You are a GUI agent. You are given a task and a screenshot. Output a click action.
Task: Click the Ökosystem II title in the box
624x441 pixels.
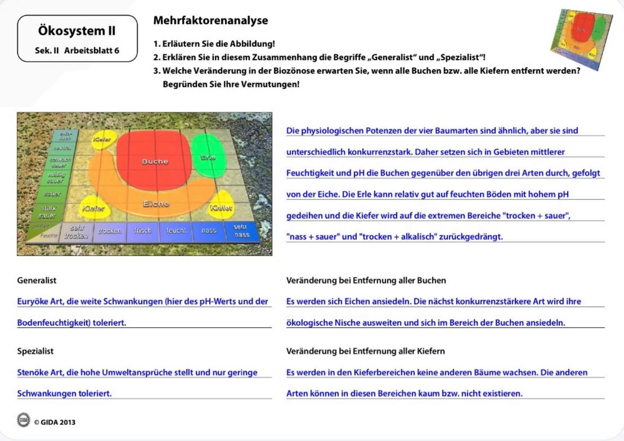[x=77, y=31]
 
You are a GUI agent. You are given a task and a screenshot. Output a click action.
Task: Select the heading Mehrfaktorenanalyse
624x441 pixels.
[x=210, y=20]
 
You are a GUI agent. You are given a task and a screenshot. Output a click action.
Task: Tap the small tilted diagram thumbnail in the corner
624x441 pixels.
[x=581, y=39]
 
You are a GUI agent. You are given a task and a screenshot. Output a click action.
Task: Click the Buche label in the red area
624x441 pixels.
[x=155, y=161]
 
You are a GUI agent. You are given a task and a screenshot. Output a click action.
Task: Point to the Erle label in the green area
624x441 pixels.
[x=208, y=157]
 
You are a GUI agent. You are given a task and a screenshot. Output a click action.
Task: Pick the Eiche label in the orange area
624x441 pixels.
[x=156, y=203]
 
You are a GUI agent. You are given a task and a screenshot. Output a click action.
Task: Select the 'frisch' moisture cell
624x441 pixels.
[x=142, y=231]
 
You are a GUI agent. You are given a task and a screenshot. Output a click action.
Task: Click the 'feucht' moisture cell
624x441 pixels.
[x=176, y=231]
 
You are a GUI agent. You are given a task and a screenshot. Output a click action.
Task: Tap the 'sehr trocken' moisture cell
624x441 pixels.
[x=76, y=232]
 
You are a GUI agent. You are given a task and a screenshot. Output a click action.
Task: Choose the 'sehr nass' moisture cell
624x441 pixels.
[x=242, y=231]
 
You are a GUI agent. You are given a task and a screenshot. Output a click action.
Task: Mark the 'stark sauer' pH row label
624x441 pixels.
[x=47, y=212]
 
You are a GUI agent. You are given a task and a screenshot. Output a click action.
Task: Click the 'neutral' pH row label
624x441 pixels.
[x=62, y=148]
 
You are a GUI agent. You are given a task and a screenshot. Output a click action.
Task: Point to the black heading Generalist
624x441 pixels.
[x=37, y=281]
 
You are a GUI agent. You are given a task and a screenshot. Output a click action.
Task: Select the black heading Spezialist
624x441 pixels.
[x=35, y=351]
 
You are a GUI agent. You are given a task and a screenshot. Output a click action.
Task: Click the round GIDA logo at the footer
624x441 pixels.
[x=23, y=420]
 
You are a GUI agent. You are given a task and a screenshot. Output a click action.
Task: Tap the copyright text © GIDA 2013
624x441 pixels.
[x=55, y=422]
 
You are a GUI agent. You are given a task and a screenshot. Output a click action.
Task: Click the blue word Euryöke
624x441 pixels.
[x=33, y=302]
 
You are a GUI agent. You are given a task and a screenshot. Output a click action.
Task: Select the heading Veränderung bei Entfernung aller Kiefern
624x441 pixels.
[x=365, y=351]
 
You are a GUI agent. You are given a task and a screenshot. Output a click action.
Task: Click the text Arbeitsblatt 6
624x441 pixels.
[x=92, y=51]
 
